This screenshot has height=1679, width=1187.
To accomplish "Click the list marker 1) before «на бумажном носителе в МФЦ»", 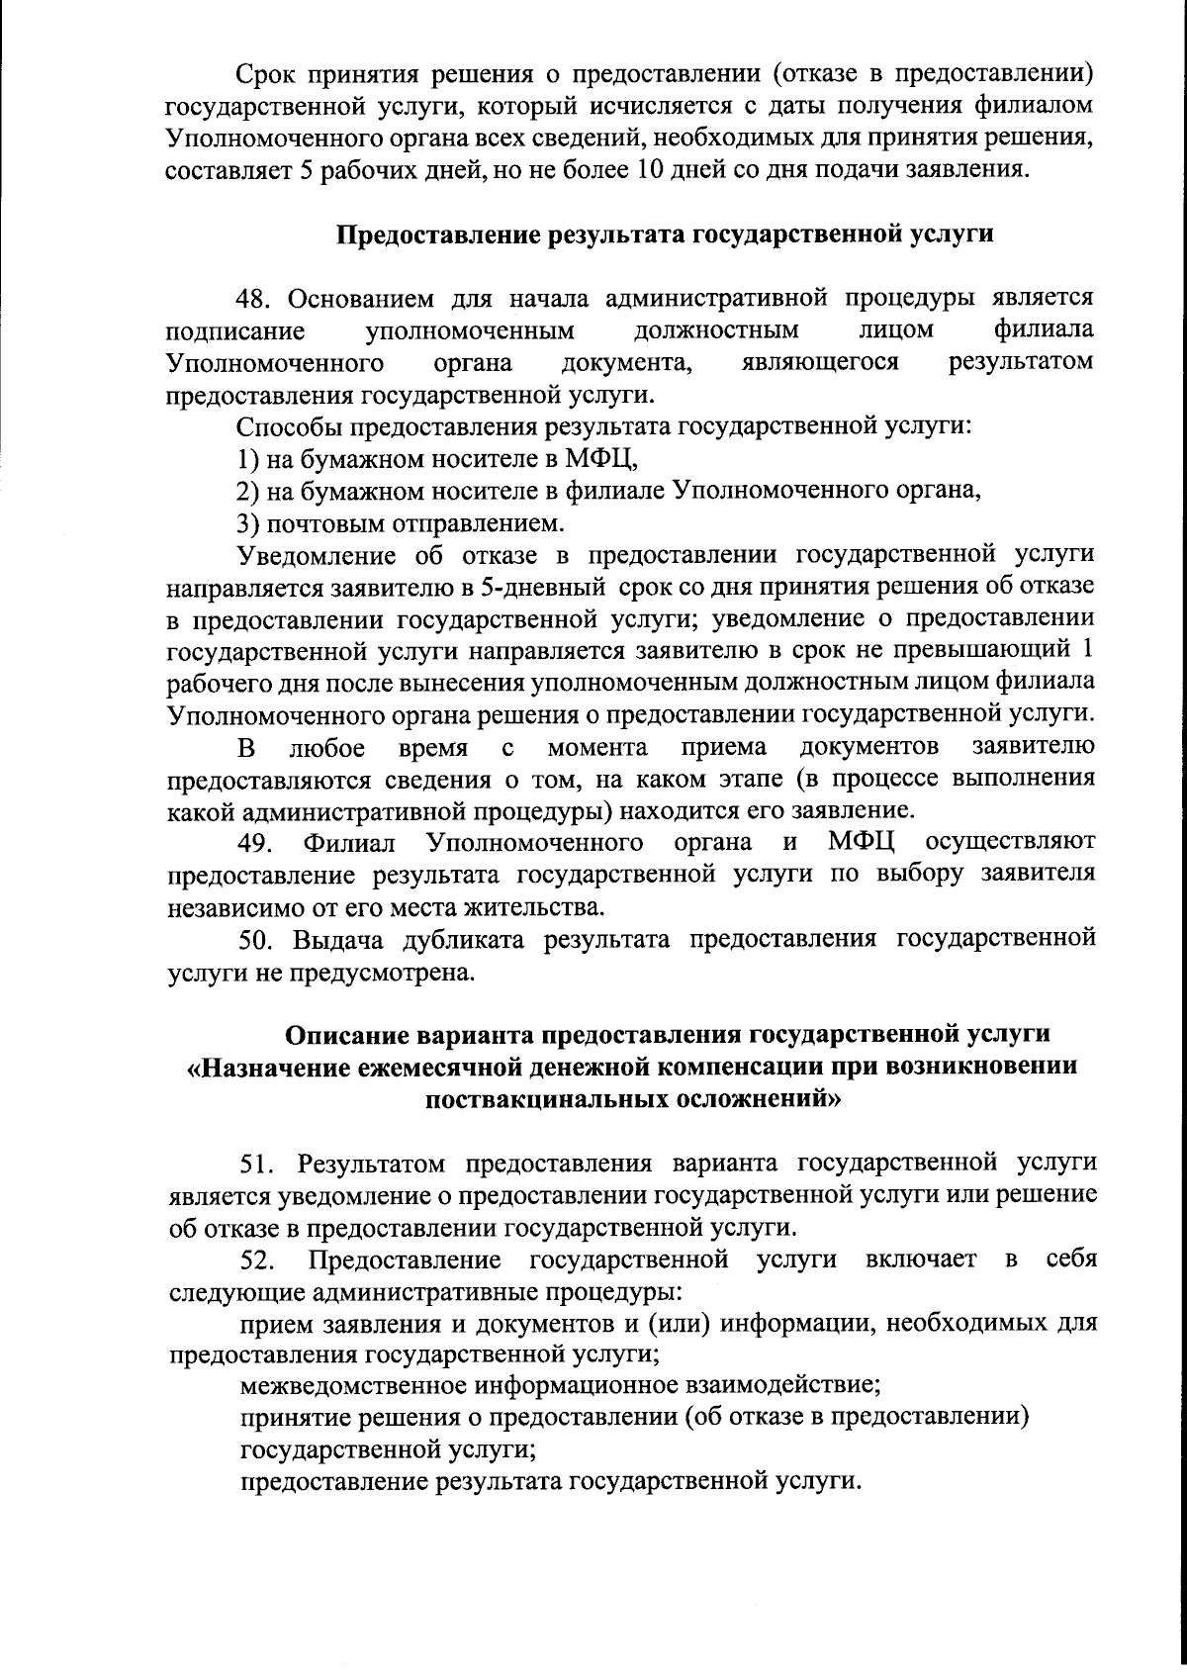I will pyautogui.click(x=247, y=459).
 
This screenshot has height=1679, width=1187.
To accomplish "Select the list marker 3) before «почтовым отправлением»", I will pyautogui.click(x=247, y=522).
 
